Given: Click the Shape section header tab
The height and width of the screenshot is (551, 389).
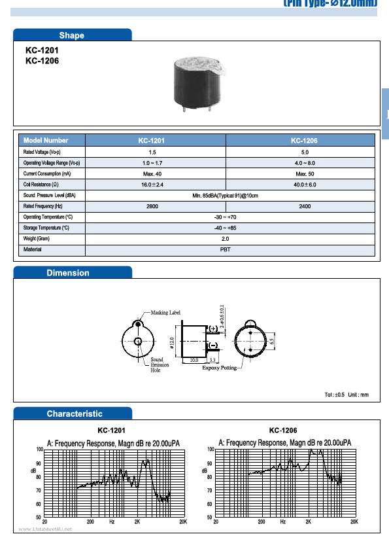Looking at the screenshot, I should [72, 35].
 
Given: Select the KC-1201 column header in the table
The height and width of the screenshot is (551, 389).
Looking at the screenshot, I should [151, 140].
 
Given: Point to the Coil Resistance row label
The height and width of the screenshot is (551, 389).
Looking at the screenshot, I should [46, 185].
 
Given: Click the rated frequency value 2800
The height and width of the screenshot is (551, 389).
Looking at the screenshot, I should [152, 206].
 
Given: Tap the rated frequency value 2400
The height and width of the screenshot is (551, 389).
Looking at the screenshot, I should [305, 206].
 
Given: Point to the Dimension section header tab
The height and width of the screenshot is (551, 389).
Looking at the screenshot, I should [68, 273].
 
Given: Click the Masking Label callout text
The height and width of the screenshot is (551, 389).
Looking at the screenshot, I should [165, 313].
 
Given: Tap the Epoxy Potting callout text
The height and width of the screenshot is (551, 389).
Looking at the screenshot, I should [220, 368].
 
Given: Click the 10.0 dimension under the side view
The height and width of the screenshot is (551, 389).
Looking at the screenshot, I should [194, 361].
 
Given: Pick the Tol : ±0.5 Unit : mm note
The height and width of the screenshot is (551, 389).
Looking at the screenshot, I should [347, 395].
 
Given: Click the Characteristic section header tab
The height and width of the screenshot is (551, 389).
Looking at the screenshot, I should [75, 414].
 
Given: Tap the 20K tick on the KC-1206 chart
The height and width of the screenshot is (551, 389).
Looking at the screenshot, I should [354, 522].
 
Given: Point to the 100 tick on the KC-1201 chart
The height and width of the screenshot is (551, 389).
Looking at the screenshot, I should [40, 449].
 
